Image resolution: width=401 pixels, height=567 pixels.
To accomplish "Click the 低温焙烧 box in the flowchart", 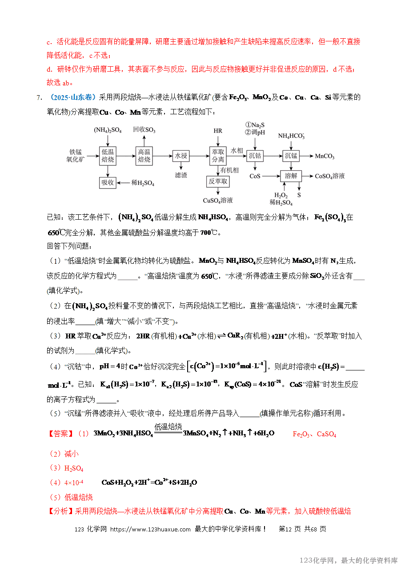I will click(x=108, y=156).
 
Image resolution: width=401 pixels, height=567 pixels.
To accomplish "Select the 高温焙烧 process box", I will click(x=144, y=156).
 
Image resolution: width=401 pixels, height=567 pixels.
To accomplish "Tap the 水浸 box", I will click(x=180, y=156).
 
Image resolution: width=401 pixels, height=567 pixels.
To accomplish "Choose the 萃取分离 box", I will click(x=218, y=156).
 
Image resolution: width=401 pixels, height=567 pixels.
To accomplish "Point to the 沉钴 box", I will click(x=255, y=156).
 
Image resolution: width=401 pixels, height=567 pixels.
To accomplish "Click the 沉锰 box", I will click(x=291, y=156).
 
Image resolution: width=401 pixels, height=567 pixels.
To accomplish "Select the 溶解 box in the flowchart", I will click(x=291, y=176).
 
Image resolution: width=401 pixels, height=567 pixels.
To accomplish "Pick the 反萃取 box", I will click(x=218, y=181).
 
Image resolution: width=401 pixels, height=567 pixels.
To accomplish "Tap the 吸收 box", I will click(x=108, y=182).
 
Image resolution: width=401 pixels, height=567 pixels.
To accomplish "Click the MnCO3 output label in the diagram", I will click(x=325, y=157).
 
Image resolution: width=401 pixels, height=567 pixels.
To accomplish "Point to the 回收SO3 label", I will click(x=144, y=130).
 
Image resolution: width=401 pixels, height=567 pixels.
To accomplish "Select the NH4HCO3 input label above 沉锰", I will click(x=291, y=136).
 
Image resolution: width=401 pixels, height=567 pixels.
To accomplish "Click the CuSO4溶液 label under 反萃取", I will click(x=218, y=201).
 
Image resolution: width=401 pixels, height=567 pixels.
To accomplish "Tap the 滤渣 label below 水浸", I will click(x=180, y=175).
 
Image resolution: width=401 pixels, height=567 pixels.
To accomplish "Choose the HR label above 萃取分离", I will click(x=218, y=131).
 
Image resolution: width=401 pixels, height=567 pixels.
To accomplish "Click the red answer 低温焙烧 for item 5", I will click(x=78, y=497).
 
